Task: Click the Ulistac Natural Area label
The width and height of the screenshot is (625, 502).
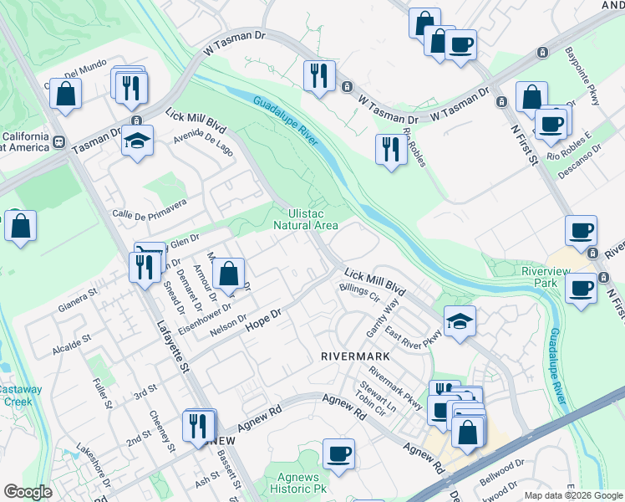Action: [x=307, y=219]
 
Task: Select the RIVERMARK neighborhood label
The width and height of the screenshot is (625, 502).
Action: [x=357, y=356]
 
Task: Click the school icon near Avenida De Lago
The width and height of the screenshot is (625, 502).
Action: [x=137, y=140]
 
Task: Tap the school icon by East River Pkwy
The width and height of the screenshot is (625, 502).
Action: [x=459, y=321]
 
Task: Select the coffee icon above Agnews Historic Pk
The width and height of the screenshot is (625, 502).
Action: [x=338, y=453]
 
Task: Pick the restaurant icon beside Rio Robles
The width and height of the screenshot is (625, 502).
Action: [x=390, y=149]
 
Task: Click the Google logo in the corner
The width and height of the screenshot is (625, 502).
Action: [x=28, y=492]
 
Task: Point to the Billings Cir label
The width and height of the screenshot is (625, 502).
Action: [x=360, y=292]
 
